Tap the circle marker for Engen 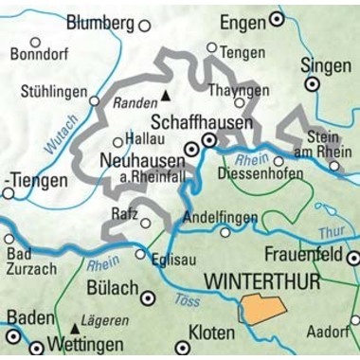coord(277,18)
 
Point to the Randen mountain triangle coord(167,95)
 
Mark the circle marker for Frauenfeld coord(352,257)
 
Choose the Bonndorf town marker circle coord(36,42)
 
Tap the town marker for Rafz coord(146,224)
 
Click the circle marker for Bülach coord(147,297)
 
